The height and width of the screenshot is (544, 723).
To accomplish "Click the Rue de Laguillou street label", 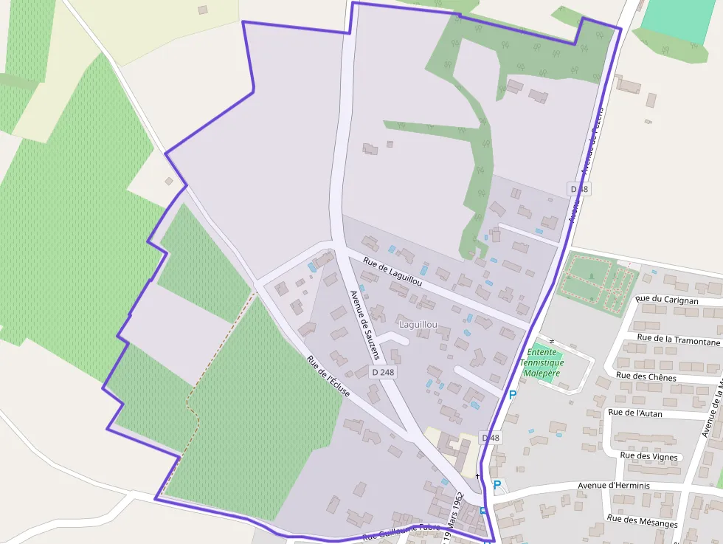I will tap(392, 272).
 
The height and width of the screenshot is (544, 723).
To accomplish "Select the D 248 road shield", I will tap(383, 373).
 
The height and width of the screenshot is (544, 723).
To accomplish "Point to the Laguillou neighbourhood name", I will tap(418, 324).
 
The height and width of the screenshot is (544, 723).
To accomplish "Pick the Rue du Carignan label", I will tap(666, 300).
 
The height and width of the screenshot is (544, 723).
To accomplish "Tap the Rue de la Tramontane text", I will tap(678, 339).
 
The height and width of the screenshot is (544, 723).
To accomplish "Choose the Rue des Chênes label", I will tap(646, 376).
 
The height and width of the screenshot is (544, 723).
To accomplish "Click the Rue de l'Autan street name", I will tap(634, 413).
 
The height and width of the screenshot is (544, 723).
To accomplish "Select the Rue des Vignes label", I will tap(648, 456).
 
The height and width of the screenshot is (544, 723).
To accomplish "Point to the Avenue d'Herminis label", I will tap(613, 486).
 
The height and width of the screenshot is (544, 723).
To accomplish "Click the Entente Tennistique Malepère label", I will tap(542, 362).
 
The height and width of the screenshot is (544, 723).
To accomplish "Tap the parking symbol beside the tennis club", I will tap(512, 395).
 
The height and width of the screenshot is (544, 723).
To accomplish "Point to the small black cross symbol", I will tap(477, 476).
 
